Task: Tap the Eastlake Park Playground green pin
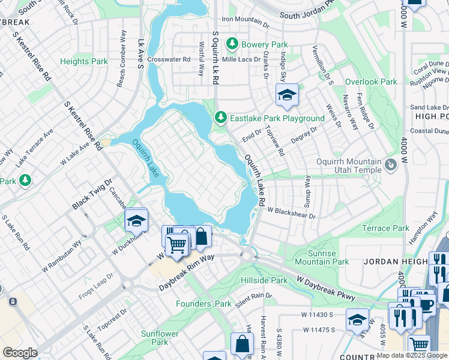[221, 118]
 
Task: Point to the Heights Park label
[84, 61]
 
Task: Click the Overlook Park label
[371, 82]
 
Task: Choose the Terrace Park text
[385, 228]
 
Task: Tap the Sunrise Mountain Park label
[323, 257]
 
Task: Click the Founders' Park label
[203, 304]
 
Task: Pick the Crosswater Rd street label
[169, 59]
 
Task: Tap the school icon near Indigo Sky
[287, 95]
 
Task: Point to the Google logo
[20, 353]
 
